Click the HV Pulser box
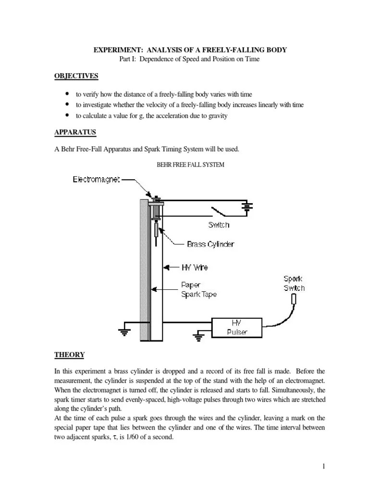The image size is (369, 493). pyautogui.click(x=237, y=327)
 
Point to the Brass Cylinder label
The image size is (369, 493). pyautogui.click(x=210, y=245)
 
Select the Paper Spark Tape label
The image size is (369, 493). pyautogui.click(x=198, y=289)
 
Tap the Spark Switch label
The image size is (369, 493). pyautogui.click(x=294, y=284)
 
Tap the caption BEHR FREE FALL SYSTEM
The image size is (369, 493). pyautogui.click(x=191, y=164)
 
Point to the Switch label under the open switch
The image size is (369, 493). pyautogui.click(x=219, y=225)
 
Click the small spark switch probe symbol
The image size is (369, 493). pyautogui.click(x=294, y=299)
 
